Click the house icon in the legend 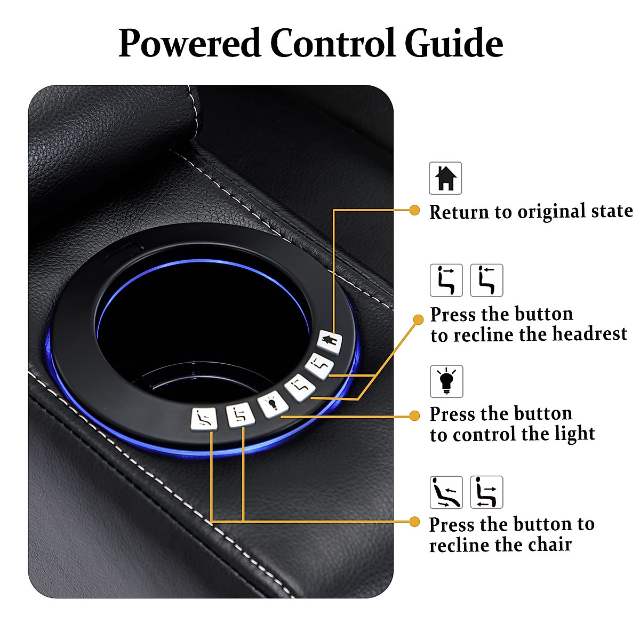click(x=445, y=178)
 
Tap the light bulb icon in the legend click(x=446, y=381)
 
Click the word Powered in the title click(x=189, y=44)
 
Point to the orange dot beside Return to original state click(x=414, y=210)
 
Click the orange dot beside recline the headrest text click(x=418, y=319)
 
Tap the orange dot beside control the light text click(x=414, y=416)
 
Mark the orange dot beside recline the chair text click(x=414, y=521)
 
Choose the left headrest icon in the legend click(x=446, y=280)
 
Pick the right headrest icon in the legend click(x=486, y=280)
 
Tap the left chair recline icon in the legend click(x=446, y=492)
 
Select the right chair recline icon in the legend click(x=486, y=492)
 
